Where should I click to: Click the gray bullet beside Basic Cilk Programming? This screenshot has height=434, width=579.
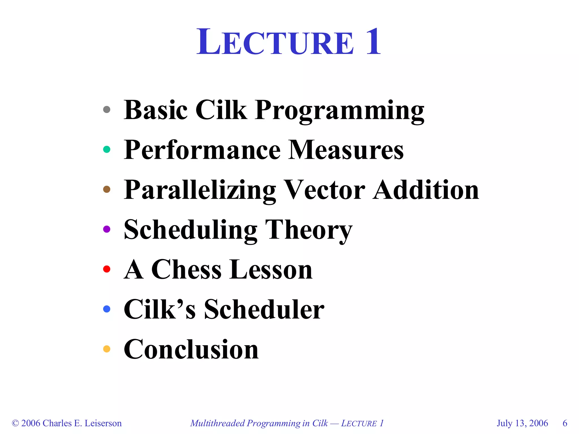pos(107,109)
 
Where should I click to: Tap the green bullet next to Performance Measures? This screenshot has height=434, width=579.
pos(107,149)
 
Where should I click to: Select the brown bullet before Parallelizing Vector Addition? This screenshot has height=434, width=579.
pos(107,189)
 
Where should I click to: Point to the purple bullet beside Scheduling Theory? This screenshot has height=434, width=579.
pos(107,229)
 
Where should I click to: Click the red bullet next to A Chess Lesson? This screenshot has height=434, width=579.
pos(107,269)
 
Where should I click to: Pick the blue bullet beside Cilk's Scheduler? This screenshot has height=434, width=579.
pos(107,309)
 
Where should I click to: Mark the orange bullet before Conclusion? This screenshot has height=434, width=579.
pos(107,349)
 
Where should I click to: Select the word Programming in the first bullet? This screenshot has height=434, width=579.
pos(339,111)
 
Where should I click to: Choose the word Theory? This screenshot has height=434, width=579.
pos(309,230)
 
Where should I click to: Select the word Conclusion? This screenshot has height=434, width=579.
pos(191,350)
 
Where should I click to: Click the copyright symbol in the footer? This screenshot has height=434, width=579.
pos(15,423)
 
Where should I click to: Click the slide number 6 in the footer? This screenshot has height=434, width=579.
pos(565,423)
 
